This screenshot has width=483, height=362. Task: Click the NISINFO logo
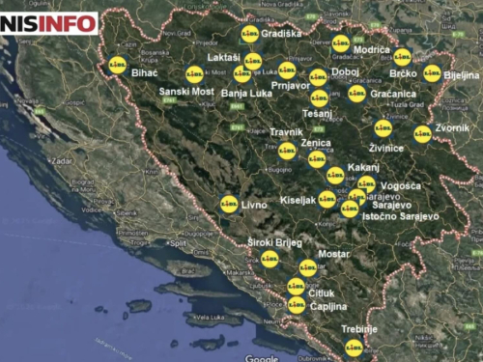49,22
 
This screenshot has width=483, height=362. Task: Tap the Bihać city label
144,72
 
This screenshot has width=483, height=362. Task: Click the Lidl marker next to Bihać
118,65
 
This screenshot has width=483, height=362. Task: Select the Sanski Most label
186,91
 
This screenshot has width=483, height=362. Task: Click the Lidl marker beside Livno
229,204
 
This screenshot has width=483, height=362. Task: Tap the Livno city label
254,205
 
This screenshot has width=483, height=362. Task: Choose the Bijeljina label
461,74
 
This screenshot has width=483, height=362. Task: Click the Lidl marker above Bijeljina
432,72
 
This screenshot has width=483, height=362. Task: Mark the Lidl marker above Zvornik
422,134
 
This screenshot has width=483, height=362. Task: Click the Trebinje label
357,329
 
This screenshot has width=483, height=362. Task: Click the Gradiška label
281,33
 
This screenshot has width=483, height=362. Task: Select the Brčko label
403,73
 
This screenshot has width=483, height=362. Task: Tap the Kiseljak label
298,200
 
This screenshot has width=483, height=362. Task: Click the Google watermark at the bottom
262,357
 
